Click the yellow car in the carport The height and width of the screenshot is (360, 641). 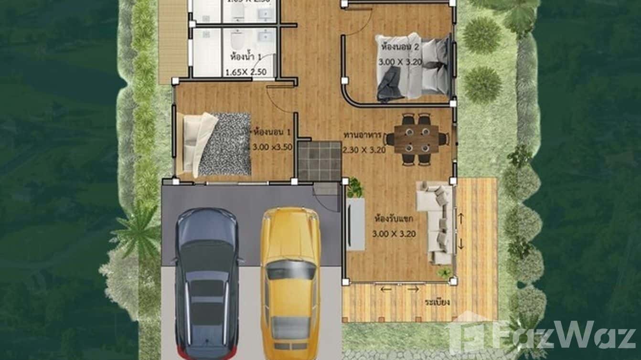pos(290,282)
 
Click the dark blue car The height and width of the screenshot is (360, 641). pos(207,284)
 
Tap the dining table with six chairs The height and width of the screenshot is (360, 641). pos(417,139)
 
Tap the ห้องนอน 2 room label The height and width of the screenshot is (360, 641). pos(400,47)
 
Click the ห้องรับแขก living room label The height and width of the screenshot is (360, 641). pos(394,220)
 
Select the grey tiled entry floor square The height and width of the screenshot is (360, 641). pos(320,160)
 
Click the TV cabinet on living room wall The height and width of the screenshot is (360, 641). pos(355,224)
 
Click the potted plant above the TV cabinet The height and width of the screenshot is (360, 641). pos(355,187)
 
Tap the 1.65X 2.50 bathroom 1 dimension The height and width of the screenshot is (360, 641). pos(245,73)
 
